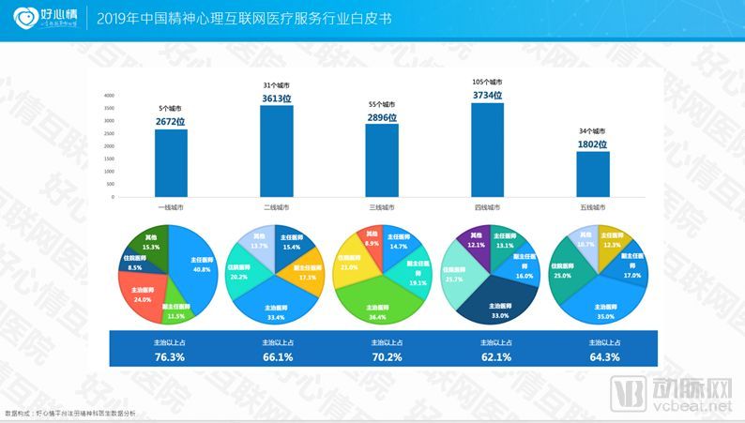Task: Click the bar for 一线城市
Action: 171,164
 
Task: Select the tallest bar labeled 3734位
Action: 488,151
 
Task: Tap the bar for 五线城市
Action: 593,175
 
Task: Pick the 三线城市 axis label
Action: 382,206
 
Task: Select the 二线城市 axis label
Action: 277,206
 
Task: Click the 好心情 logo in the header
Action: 41,18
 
